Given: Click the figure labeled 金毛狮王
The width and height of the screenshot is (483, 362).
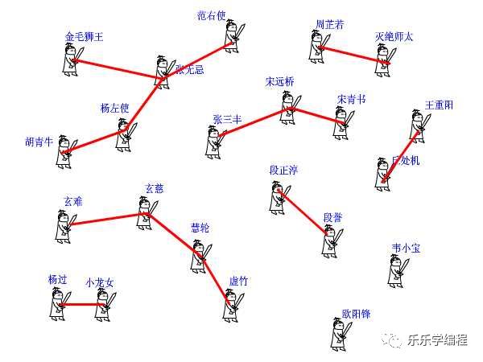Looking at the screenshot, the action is [70, 60].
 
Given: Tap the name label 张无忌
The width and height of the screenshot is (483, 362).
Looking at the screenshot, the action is [190, 69].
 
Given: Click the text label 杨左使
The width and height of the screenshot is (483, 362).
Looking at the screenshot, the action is [114, 108].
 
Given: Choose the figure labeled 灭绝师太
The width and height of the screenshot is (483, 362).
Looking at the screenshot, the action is [385, 55].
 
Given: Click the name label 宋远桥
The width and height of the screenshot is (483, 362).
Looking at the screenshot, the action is [279, 81].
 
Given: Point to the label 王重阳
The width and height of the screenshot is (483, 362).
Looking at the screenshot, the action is [439, 105].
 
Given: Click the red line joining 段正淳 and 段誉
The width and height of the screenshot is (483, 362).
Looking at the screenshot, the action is [303, 213].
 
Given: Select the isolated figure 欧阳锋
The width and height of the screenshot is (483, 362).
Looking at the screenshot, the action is [340, 334].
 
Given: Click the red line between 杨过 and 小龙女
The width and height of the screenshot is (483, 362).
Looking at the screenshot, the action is [80, 305].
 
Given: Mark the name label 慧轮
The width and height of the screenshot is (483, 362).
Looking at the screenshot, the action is [200, 228].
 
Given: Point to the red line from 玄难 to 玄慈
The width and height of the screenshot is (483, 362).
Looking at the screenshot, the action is [105, 219].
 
